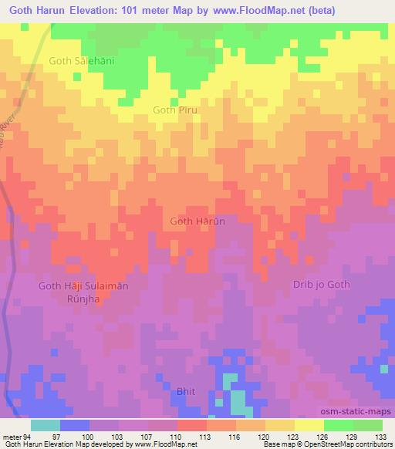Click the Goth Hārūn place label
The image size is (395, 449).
click(x=197, y=221)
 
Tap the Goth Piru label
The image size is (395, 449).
click(x=176, y=110)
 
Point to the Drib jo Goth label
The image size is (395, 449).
click(x=321, y=284)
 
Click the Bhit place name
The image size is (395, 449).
click(x=187, y=391)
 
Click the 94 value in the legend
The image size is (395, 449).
click(x=28, y=436)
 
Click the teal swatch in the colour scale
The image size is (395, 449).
click(x=46, y=425)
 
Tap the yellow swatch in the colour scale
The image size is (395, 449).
click(x=309, y=425)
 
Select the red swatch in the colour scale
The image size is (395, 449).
click(x=192, y=425)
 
